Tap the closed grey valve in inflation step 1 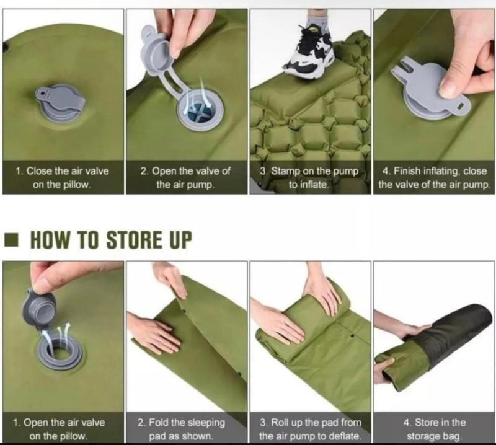click(60, 102)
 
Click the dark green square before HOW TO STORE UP click(12, 240)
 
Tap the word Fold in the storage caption click(159, 422)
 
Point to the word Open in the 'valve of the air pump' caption click(164, 171)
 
